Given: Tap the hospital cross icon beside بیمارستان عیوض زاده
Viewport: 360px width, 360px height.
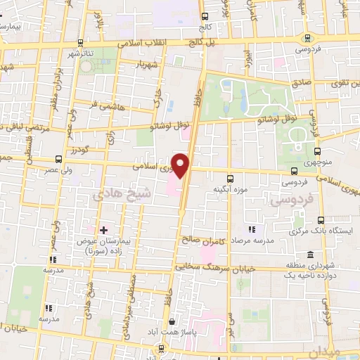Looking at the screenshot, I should point(103,230).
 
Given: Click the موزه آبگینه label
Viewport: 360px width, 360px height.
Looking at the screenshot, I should point(233,189).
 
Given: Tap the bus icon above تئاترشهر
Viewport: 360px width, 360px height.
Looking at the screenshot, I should point(80,42).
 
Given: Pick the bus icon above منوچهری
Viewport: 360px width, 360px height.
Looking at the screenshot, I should point(317,150).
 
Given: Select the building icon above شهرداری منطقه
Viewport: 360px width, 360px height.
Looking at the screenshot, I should point(310,254).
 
